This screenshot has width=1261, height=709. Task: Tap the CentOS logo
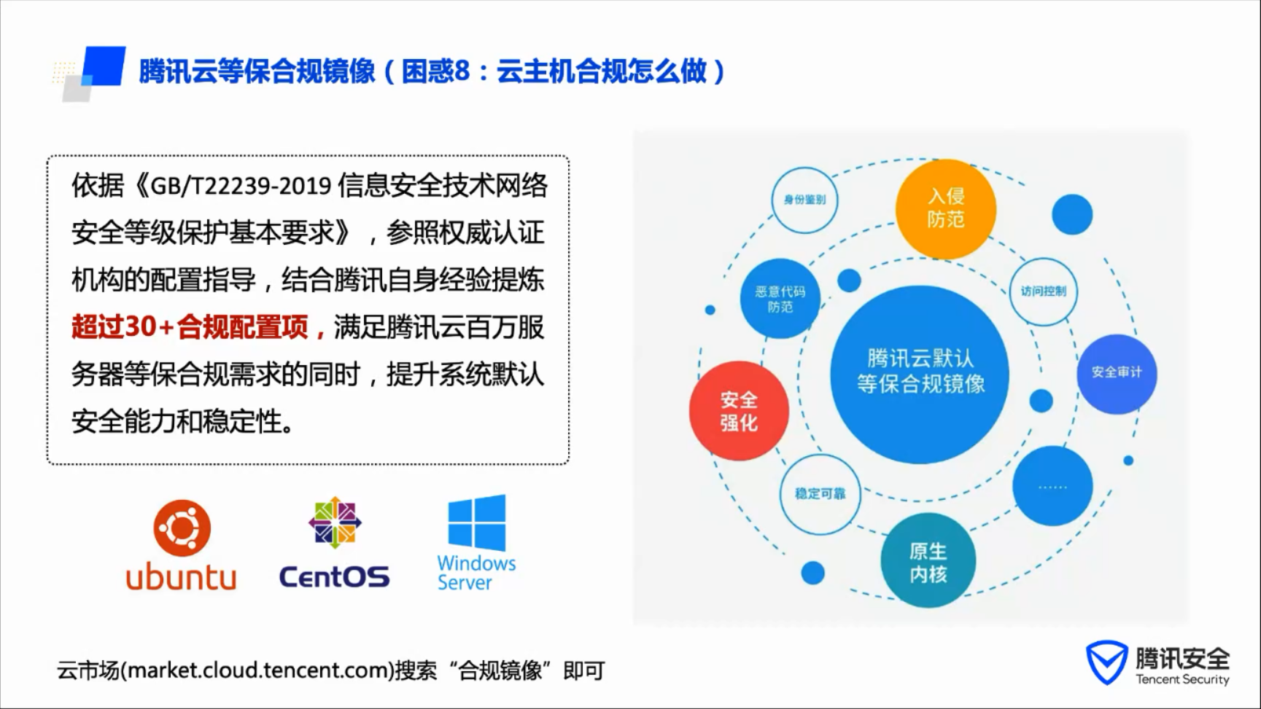[x=335, y=543]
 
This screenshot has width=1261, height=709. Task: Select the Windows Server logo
[x=476, y=543]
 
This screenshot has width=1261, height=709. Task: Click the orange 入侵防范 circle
[x=946, y=208]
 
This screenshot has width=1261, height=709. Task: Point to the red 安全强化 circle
[x=739, y=411]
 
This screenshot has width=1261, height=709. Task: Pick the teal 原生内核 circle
[x=928, y=561]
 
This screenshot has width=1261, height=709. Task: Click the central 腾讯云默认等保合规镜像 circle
[x=920, y=373]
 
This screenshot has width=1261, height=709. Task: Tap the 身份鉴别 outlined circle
[x=804, y=200]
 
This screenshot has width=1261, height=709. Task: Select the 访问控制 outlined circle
[x=1044, y=291]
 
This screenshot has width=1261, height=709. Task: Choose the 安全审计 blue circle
[x=1117, y=373]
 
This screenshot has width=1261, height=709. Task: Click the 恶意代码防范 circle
[x=780, y=299]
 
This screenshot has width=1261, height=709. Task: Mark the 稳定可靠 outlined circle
[x=820, y=494]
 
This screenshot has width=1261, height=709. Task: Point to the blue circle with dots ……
[x=1052, y=486]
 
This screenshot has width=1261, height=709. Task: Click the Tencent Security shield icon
[x=1106, y=662]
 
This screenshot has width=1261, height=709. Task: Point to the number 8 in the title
[x=462, y=71]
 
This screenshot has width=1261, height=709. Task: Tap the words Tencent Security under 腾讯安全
[x=1182, y=679]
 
